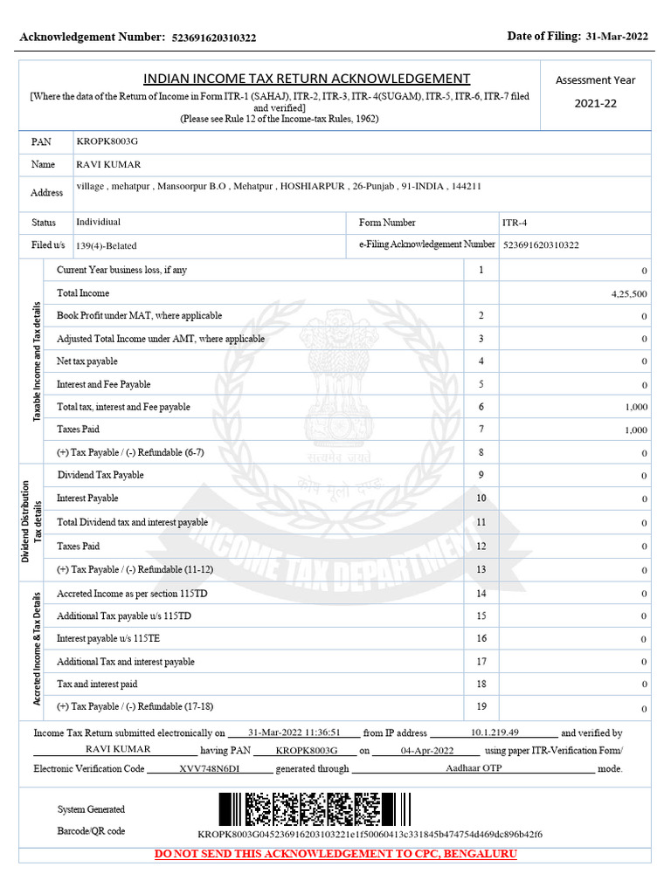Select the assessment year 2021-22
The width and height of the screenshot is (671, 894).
tap(595, 104)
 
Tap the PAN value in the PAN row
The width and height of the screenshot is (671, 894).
tap(107, 141)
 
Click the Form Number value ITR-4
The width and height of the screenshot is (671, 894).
tap(515, 223)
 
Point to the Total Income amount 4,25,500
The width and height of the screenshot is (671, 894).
tap(629, 294)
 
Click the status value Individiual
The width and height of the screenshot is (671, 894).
tap(99, 223)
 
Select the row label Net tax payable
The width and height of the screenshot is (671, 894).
tap(87, 361)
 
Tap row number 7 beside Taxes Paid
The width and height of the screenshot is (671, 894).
tap(481, 429)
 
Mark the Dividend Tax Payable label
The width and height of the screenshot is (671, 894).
tap(100, 475)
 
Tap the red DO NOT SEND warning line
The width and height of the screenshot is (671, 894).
tap(335, 853)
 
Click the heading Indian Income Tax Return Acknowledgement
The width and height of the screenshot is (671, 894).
tap(306, 79)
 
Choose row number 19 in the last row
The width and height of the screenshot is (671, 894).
tap(481, 706)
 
